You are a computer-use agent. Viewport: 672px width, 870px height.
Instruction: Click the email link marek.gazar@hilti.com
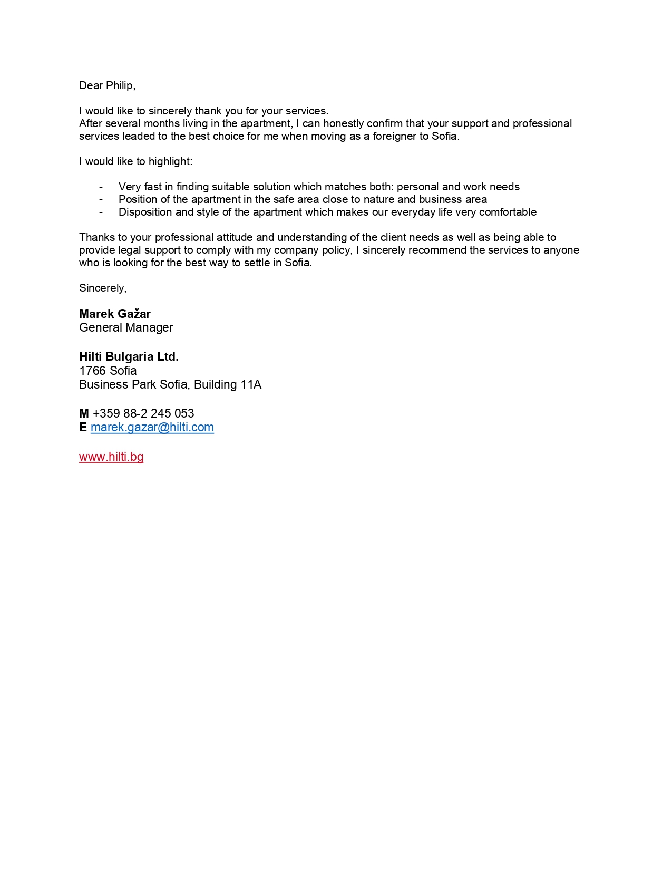pos(152,427)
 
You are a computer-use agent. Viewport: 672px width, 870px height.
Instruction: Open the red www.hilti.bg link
pos(111,457)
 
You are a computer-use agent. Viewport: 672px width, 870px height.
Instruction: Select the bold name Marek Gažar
pos(115,314)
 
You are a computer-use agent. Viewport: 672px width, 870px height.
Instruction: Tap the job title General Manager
pos(126,327)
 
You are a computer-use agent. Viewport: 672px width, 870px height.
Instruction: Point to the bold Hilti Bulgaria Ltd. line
pos(129,356)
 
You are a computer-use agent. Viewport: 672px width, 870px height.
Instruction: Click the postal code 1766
pos(92,371)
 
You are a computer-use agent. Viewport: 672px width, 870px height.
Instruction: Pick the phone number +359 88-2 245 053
pos(143,413)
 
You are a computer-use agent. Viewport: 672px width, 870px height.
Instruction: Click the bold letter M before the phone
pos(84,413)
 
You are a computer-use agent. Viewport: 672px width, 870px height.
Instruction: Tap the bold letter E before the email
pos(83,427)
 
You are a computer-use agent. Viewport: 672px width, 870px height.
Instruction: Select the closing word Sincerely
pos(102,288)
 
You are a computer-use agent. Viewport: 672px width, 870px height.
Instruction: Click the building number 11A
pos(251,384)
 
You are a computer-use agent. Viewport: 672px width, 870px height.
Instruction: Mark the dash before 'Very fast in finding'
pos(101,187)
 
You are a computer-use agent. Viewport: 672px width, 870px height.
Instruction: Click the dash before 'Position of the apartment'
pos(101,199)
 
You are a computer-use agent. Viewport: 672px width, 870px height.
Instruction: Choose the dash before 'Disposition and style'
pos(101,212)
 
